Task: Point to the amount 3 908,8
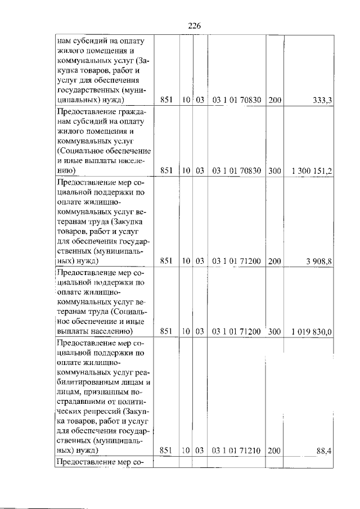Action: pyautogui.click(x=318, y=261)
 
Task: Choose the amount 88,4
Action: pyautogui.click(x=323, y=451)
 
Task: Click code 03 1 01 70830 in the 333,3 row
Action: pyautogui.click(x=237, y=101)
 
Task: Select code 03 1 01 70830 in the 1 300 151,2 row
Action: pyautogui.click(x=237, y=170)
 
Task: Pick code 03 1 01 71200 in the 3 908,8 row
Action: pyautogui.click(x=237, y=261)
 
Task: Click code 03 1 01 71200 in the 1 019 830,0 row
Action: pyautogui.click(x=237, y=331)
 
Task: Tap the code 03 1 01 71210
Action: pyautogui.click(x=237, y=451)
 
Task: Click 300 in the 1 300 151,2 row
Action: pyautogui.click(x=274, y=170)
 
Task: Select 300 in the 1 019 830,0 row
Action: pyautogui.click(x=274, y=331)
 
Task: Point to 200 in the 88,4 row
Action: pyautogui.click(x=274, y=451)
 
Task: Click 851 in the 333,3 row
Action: pyautogui.click(x=166, y=101)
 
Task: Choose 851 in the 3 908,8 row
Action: pyautogui.click(x=166, y=261)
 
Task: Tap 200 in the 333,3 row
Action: pyautogui.click(x=274, y=101)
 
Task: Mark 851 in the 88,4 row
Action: pyautogui.click(x=166, y=451)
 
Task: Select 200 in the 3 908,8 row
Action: pyautogui.click(x=274, y=261)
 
